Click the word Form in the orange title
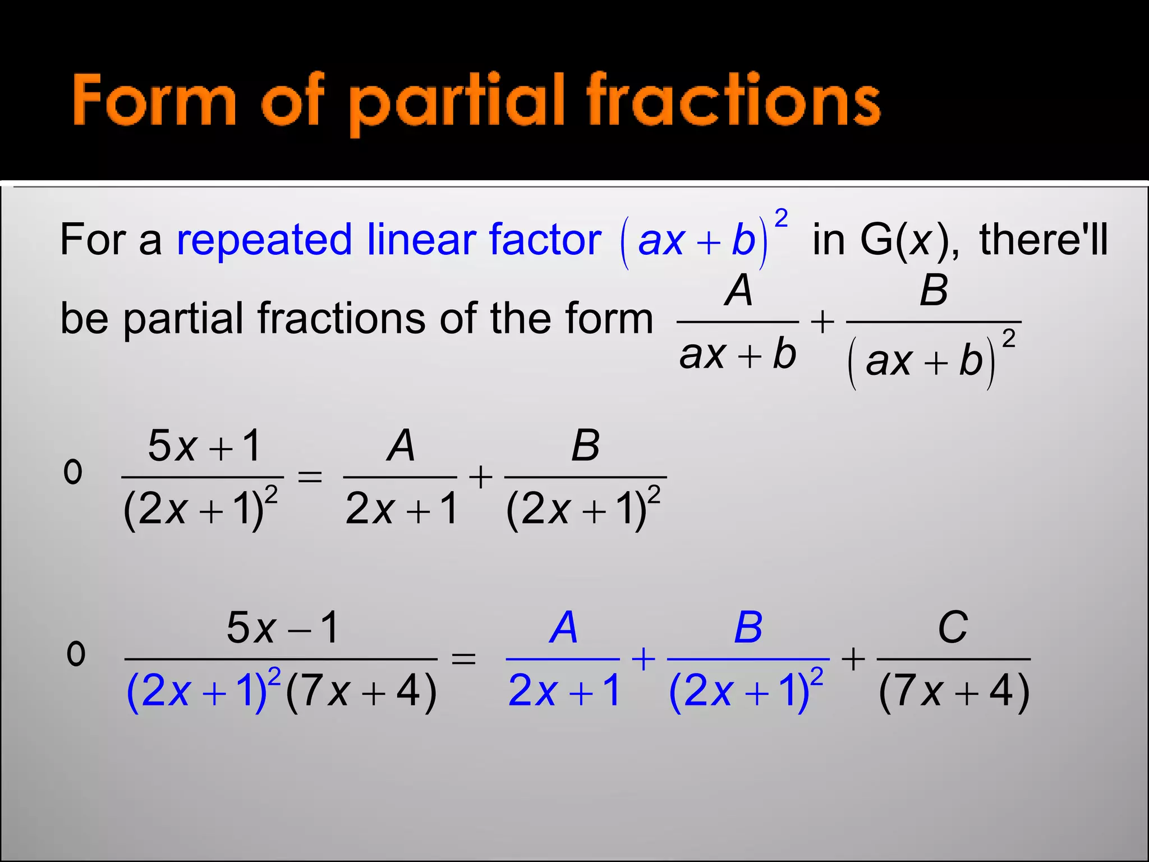pos(154,101)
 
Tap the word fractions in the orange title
pos(733,101)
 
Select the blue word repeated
pos(264,240)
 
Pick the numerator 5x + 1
pos(204,446)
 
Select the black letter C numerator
pos(952,627)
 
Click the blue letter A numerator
pos(563,627)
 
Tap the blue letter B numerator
pos(748,627)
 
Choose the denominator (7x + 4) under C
pos(954,692)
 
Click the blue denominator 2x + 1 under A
pos(563,691)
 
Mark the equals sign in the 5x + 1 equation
pos(310,478)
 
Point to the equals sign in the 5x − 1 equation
pos(463,659)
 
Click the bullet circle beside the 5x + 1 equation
pos(73,473)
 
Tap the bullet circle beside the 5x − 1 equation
pos(76,654)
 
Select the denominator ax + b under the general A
pos(737,355)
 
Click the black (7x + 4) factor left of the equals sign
pos(361,692)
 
